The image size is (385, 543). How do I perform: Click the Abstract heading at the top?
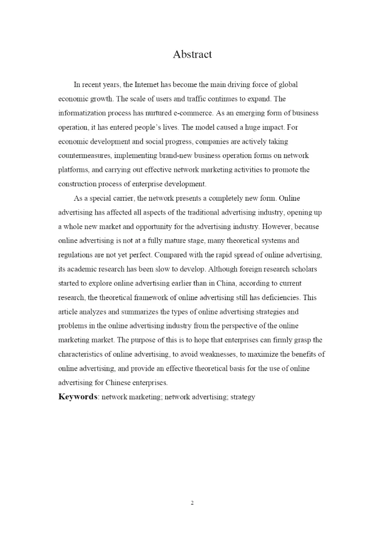[192, 54]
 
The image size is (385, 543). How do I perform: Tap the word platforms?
[73, 170]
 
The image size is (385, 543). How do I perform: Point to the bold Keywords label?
[78, 397]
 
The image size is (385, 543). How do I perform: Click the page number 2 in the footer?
[192, 502]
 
